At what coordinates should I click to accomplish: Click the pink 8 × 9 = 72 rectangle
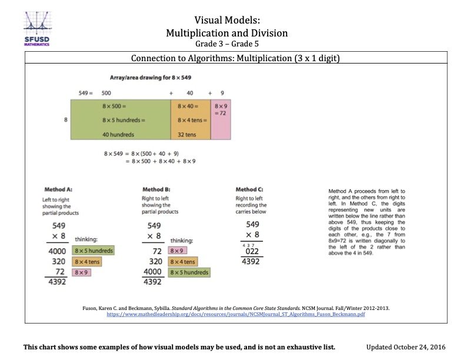220,119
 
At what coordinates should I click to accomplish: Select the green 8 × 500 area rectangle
120,119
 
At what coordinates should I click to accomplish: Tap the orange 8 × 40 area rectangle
190,119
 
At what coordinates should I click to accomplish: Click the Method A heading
58,189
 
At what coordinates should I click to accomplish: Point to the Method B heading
157,189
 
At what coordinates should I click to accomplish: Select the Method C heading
249,189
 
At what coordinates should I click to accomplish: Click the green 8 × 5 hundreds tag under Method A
93,251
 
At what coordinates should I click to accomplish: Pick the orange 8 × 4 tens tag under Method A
87,262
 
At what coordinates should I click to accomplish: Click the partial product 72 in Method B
156,251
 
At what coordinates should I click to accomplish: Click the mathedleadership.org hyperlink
235,315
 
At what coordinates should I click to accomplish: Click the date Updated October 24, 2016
407,347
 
